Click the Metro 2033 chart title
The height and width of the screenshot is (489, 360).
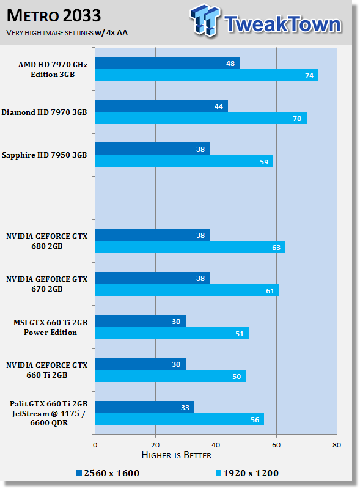click(54, 16)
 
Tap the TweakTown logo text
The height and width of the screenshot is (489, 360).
click(282, 24)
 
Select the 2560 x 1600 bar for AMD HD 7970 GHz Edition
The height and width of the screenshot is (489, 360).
click(167, 63)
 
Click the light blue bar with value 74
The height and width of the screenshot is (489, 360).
click(207, 75)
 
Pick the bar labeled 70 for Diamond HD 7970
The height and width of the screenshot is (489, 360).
click(201, 118)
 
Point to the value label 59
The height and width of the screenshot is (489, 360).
click(264, 162)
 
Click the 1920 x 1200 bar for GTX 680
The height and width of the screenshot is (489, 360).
click(190, 247)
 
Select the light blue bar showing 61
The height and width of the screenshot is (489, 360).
click(187, 290)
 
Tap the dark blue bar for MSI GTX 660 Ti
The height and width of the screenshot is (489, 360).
click(141, 321)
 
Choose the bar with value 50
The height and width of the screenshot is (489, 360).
click(171, 376)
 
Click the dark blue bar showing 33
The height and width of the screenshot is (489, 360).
click(145, 407)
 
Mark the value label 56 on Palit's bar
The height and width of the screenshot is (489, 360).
click(255, 420)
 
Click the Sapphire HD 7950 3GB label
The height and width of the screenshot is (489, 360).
click(44, 155)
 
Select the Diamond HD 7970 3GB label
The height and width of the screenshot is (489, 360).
click(44, 112)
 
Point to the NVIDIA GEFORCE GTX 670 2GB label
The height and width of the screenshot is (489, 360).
click(47, 284)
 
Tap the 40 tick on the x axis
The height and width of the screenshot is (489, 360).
click(216, 445)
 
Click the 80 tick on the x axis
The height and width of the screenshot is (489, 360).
click(337, 445)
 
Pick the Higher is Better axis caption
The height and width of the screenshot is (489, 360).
click(176, 455)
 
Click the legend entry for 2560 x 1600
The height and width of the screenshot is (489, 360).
click(108, 473)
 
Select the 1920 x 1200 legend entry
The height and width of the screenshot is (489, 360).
click(247, 473)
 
